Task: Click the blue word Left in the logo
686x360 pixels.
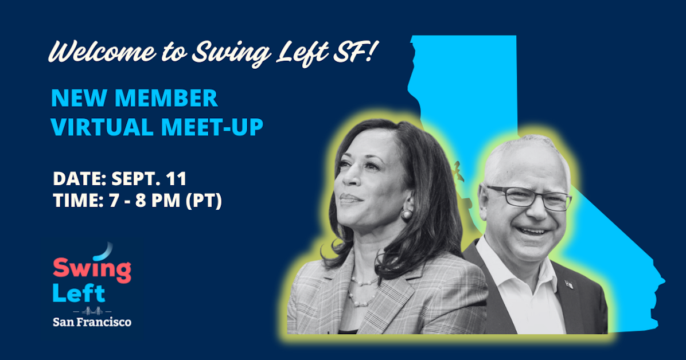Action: point(79,293)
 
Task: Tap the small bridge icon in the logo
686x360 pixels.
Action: point(92,311)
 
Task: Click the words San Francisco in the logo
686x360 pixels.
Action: point(92,322)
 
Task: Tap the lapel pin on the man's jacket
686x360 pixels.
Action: point(568,284)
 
